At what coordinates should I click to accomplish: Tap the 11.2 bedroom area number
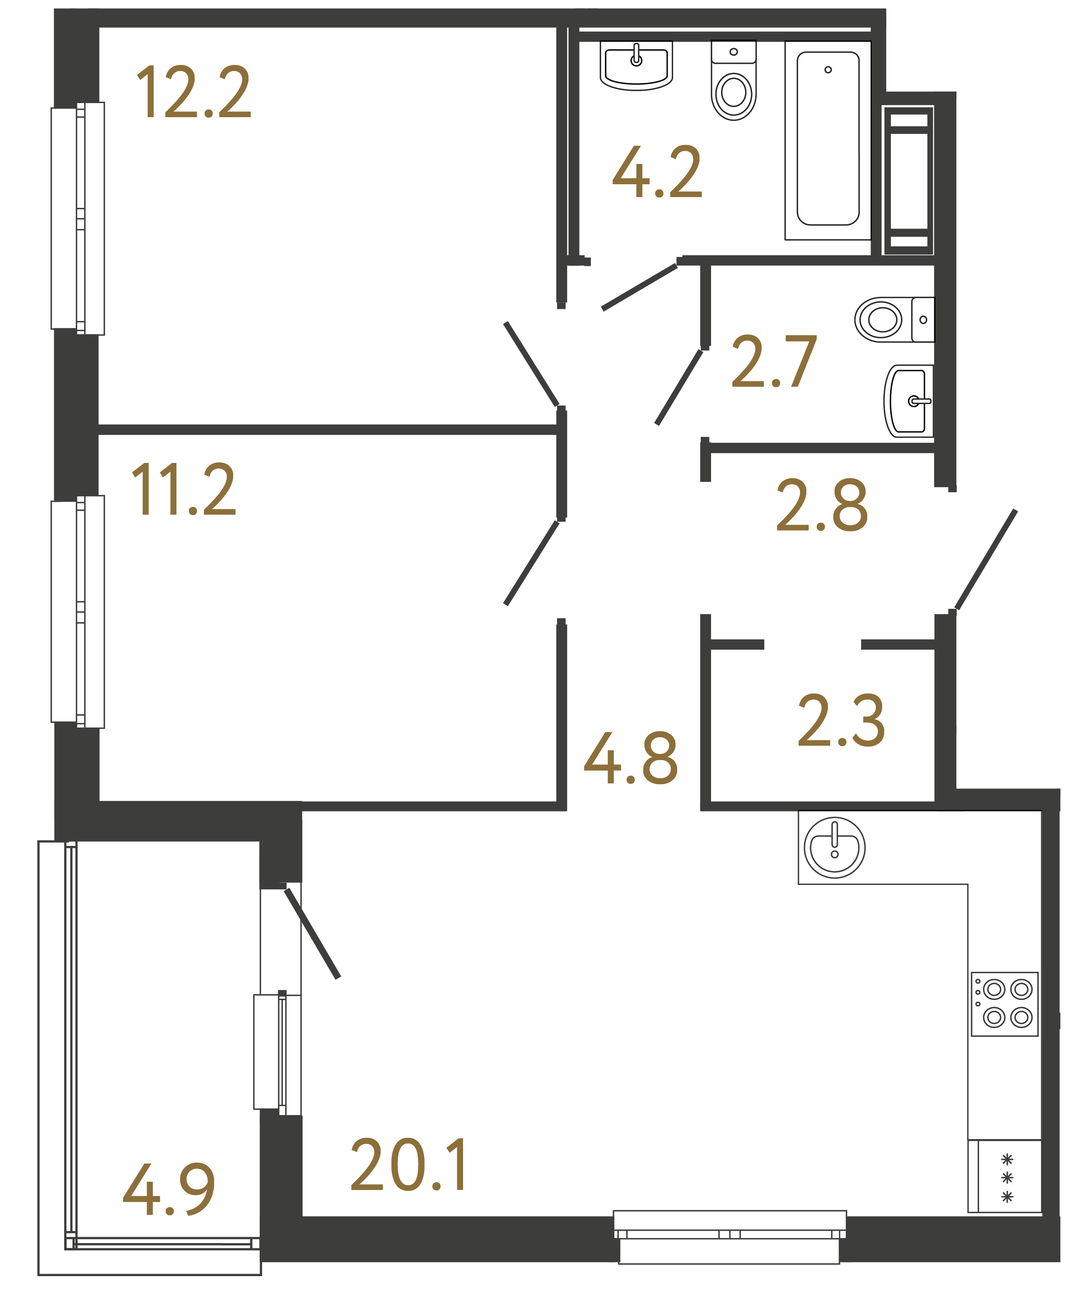(x=183, y=489)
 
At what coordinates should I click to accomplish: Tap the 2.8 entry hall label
(x=822, y=506)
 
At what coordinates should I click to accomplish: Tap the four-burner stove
(x=1004, y=1004)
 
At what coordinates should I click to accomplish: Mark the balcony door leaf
(x=312, y=934)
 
